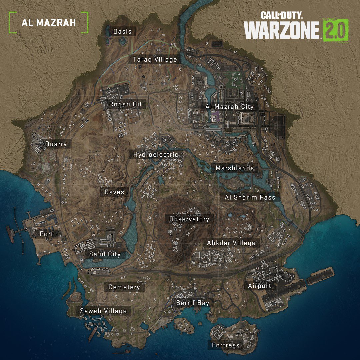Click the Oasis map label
point(122,32)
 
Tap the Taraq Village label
point(155,60)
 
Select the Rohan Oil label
point(125,104)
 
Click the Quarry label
point(56,144)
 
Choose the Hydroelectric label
point(156,155)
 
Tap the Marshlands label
point(235,168)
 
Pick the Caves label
point(114,192)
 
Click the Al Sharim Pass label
point(250,197)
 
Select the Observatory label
point(189,219)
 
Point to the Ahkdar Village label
point(231,243)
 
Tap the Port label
point(47,234)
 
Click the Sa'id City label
point(105,254)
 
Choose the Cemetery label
point(124,287)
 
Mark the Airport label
point(260,286)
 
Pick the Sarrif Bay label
point(193,303)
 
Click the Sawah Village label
point(103,311)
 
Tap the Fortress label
point(226,345)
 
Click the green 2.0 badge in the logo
point(336,30)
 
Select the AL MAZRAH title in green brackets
point(49,23)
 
